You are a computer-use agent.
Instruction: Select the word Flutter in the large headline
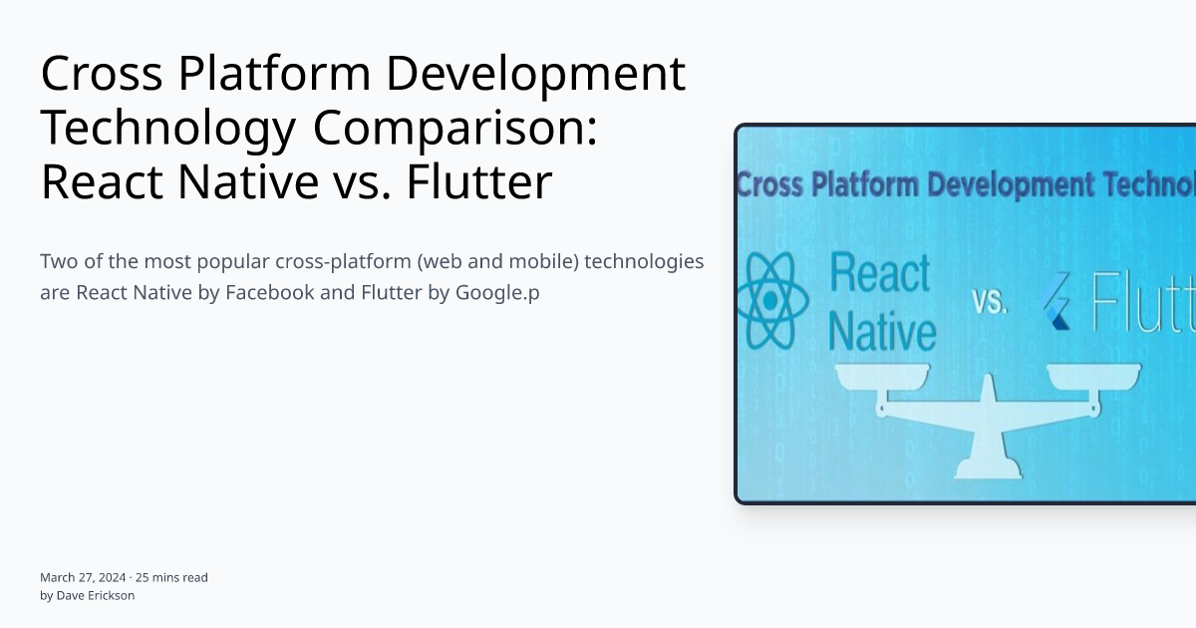tap(478, 182)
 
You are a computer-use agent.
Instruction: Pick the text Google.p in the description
tap(497, 293)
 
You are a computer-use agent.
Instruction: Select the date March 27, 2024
tap(83, 577)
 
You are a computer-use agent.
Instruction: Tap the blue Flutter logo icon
tap(1056, 303)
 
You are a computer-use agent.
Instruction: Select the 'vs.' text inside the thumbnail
tap(989, 302)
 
